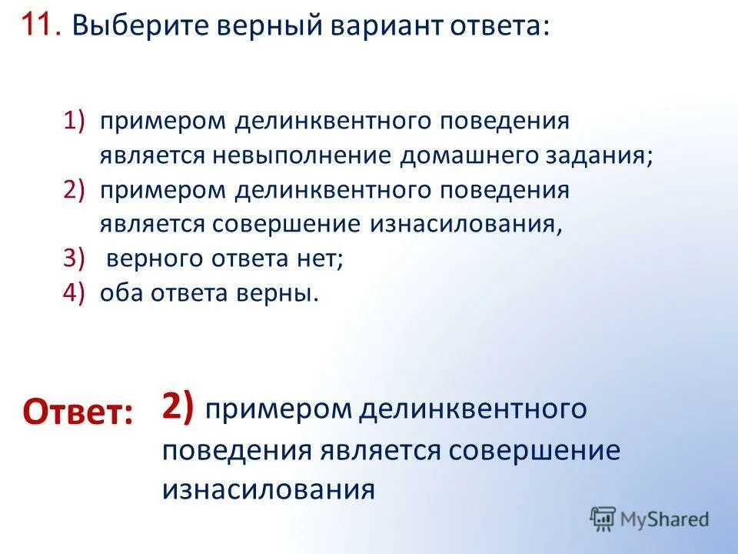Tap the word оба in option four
pos(119,294)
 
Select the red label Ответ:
pos(78,412)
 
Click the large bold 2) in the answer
pos(178,405)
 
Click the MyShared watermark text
pos(664,519)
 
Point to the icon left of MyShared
pos(603,519)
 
